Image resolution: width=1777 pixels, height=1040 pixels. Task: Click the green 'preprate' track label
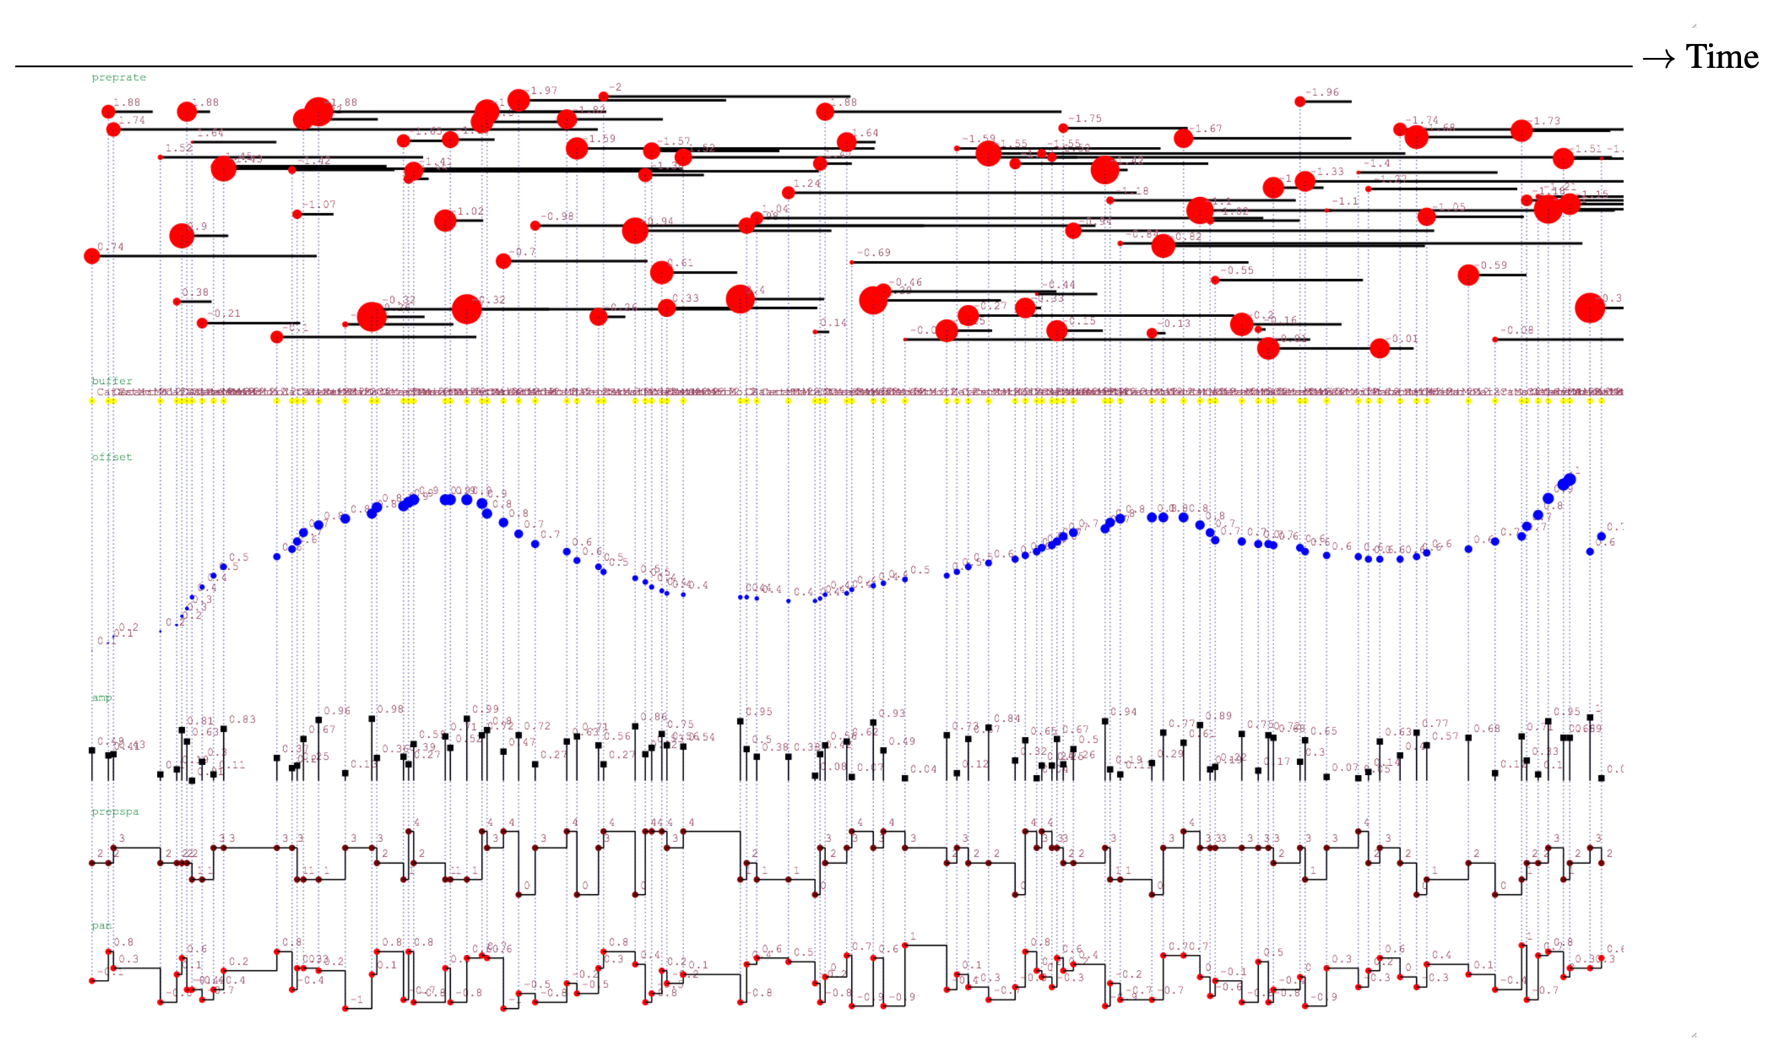point(119,77)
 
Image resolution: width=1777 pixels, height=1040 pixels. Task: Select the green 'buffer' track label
point(111,381)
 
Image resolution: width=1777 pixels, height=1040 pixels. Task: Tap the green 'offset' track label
point(111,457)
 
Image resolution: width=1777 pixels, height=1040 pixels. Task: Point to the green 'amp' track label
point(101,697)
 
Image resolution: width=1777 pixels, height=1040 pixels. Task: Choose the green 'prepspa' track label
point(115,812)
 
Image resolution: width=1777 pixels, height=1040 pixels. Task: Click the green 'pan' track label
point(101,925)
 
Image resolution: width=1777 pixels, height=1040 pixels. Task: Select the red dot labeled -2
point(603,97)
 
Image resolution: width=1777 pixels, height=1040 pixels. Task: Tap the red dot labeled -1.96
point(1299,101)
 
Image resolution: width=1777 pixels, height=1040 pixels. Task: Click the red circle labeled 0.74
point(92,256)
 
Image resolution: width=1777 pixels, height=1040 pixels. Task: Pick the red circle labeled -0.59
point(1468,274)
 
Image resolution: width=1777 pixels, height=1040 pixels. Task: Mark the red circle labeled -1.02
point(445,220)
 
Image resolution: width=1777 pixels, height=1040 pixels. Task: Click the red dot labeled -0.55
point(1215,280)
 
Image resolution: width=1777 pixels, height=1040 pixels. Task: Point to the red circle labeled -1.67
point(1184,138)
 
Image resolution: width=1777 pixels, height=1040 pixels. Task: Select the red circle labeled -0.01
point(1379,348)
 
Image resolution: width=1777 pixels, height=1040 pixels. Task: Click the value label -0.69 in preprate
point(874,252)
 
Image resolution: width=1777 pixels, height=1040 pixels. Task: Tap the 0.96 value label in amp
point(337,710)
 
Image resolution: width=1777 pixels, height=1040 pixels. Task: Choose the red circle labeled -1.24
point(789,192)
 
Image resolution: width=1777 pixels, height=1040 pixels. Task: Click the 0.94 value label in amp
point(1124,712)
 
